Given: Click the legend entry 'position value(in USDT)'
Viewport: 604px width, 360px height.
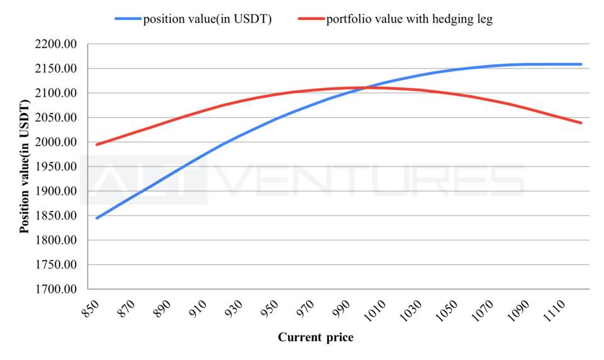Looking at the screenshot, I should click(x=207, y=19).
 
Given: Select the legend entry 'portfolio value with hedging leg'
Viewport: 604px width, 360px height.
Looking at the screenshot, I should click(x=409, y=19).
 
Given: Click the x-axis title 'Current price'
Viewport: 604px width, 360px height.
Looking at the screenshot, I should click(x=315, y=337).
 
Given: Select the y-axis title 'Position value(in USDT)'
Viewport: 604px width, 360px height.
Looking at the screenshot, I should click(x=25, y=166).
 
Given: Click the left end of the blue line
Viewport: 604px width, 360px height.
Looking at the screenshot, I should click(x=97, y=218).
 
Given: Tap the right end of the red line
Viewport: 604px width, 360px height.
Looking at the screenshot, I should click(x=581, y=123).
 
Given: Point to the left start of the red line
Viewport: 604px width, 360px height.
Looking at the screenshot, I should click(x=97, y=145).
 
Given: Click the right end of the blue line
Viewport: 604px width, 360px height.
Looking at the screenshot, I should click(x=581, y=64).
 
